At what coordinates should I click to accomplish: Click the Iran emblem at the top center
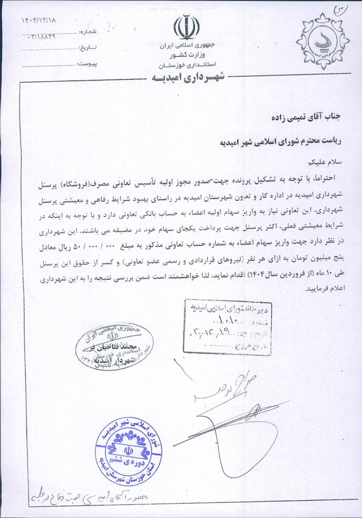[186, 28]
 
